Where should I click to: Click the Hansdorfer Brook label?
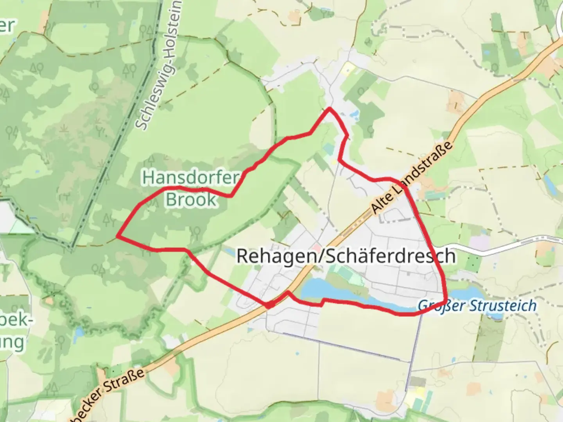click(190, 188)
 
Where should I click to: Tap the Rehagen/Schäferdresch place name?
click(346, 257)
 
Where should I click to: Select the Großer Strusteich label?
click(477, 305)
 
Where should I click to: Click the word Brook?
click(191, 199)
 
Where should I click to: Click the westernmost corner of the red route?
click(118, 236)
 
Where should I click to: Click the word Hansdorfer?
click(190, 178)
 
